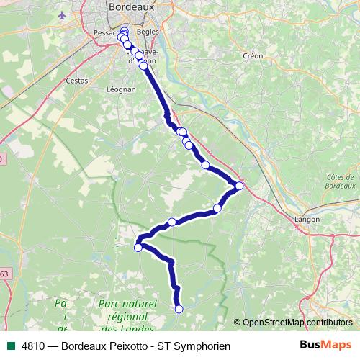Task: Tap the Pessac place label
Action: point(105,33)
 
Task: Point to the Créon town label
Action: point(253,55)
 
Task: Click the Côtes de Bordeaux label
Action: point(341,182)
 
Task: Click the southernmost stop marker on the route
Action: point(179,309)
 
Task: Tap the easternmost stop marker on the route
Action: point(239,186)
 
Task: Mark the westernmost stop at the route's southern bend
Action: point(138,248)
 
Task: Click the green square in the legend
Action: point(11,346)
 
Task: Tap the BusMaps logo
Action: point(325,346)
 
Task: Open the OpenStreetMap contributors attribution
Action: point(297,322)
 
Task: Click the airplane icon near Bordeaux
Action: point(63,14)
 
